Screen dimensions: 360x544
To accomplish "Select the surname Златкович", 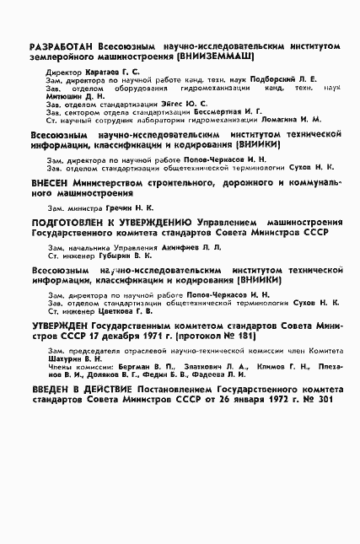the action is [x=204, y=367].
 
